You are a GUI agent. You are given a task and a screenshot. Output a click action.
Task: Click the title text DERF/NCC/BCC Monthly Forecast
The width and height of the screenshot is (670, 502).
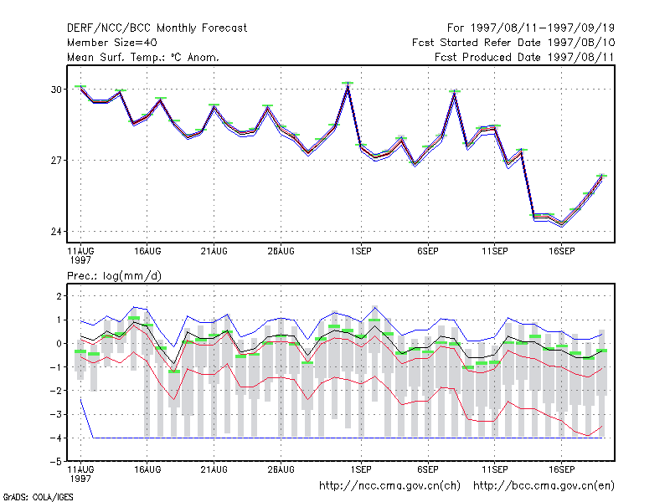tap(157, 28)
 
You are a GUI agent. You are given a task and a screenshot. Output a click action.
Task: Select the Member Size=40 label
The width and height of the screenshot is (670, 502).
tap(112, 43)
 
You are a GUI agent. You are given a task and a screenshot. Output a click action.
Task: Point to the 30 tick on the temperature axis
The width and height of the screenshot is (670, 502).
tap(56, 90)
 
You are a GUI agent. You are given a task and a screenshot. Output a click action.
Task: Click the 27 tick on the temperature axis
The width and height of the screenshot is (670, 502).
tap(56, 161)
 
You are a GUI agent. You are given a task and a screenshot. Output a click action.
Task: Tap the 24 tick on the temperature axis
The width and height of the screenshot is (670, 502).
tap(56, 232)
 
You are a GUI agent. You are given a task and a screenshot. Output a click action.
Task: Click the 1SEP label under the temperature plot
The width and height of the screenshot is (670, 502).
tap(361, 252)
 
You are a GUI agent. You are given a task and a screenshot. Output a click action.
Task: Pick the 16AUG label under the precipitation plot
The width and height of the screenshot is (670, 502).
tap(147, 469)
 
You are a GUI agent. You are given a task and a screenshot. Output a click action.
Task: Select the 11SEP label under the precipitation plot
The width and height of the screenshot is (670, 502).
tap(495, 469)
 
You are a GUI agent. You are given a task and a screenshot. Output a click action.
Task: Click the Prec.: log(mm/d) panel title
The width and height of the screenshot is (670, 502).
tap(114, 276)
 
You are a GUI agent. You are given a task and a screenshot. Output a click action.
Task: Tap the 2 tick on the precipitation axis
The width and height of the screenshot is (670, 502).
tap(59, 296)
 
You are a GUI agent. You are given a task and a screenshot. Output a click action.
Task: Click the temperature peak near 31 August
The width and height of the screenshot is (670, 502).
tap(348, 86)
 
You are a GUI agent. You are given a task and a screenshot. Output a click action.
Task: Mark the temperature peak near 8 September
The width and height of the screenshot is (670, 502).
tap(455, 94)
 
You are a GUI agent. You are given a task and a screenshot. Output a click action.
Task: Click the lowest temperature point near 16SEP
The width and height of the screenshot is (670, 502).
tap(562, 224)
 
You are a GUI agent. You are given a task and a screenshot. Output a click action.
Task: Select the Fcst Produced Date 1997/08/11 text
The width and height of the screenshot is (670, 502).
tap(525, 57)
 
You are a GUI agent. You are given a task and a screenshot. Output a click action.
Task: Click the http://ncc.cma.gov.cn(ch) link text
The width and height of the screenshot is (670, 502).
tap(389, 486)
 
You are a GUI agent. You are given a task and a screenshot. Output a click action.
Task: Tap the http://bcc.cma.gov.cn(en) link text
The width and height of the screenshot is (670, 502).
tap(544, 486)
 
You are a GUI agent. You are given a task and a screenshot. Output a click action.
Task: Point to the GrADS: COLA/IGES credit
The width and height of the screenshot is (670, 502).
tap(39, 497)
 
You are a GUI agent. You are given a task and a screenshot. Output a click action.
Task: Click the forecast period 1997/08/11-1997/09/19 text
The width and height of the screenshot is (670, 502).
tap(543, 28)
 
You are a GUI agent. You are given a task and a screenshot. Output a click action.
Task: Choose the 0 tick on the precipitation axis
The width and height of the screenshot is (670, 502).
tap(59, 344)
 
